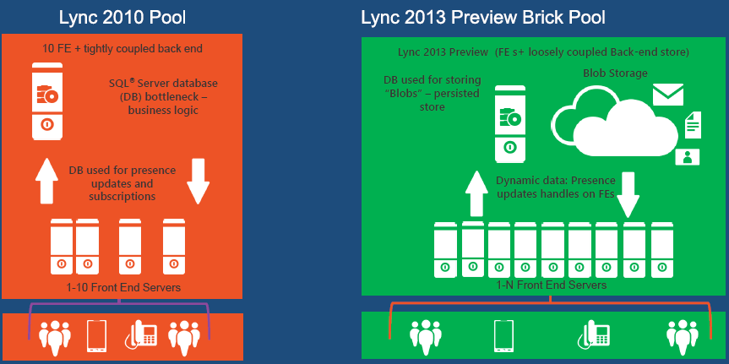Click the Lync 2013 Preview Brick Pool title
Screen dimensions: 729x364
[x=483, y=17]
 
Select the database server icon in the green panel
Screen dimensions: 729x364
[x=509, y=122]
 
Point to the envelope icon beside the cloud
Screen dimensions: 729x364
[x=667, y=93]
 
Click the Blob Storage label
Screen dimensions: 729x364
[x=615, y=73]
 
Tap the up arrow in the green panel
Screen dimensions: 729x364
[x=476, y=194]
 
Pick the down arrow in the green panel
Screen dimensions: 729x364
[x=627, y=194]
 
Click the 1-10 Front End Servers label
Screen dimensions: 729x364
[x=123, y=288]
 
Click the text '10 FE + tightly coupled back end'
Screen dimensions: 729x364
[x=122, y=48]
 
